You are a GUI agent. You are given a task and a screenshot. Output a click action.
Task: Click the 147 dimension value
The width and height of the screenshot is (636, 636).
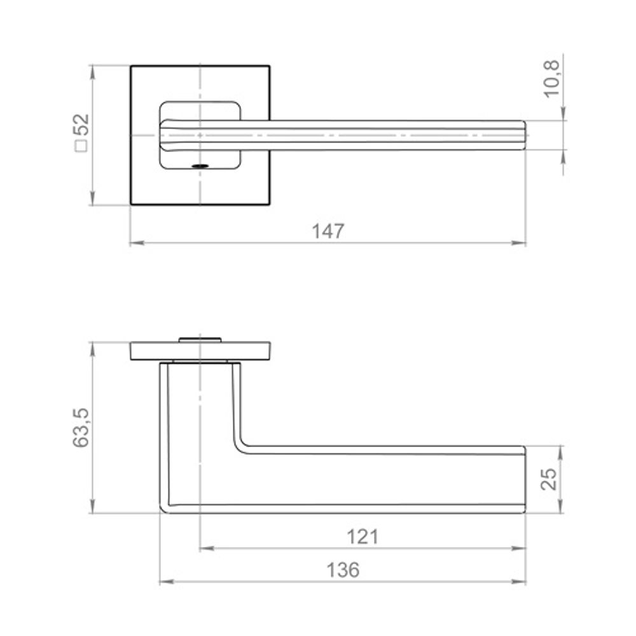[328, 232]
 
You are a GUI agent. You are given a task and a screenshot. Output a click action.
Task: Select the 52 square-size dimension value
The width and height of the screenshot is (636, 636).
[83, 125]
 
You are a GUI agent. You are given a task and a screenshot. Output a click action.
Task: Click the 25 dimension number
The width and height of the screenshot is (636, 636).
[550, 479]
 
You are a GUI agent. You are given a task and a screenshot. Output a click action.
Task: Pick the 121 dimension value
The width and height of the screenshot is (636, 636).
[363, 537]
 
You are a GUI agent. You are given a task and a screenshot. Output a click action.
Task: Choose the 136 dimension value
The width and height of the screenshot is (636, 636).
[343, 570]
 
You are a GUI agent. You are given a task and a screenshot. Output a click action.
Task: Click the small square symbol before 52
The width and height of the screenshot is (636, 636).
[81, 146]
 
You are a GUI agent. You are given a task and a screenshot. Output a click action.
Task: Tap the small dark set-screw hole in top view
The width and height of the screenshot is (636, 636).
[200, 165]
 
